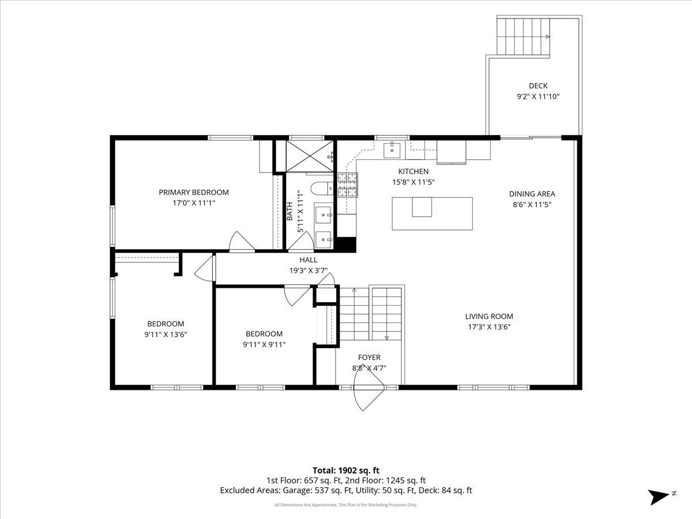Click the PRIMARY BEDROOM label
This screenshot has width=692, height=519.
194,192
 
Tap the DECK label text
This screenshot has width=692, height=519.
538,86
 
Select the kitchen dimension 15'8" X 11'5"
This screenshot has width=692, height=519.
413,182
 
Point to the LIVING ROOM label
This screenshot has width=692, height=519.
489,317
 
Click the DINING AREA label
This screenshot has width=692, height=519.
532,194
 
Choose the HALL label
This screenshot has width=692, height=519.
309,260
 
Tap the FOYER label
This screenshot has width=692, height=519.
369,358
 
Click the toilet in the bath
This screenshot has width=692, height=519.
322,189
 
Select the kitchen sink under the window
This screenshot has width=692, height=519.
392,150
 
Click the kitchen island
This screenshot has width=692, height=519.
432,213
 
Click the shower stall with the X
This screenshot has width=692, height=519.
310,156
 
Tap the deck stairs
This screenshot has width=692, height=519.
524,36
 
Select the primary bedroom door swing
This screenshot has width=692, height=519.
242,242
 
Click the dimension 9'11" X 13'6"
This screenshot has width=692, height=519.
166,334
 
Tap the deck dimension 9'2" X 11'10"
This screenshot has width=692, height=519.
538,96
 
